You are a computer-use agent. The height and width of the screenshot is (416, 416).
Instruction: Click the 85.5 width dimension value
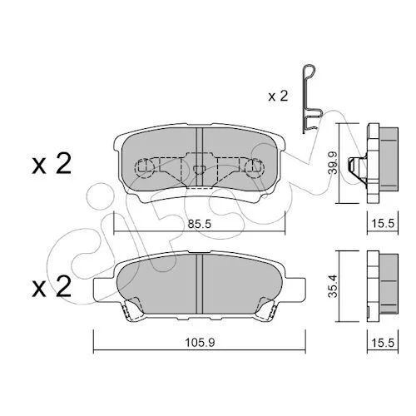[199, 224]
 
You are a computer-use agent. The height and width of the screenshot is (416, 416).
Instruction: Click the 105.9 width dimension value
[200, 343]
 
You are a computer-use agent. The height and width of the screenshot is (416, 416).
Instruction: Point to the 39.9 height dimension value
[332, 163]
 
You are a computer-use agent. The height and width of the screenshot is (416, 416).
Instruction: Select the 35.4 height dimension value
[332, 286]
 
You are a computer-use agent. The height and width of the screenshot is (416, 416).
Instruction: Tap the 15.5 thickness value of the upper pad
[383, 223]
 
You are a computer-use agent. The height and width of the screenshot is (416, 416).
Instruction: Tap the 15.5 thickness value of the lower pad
[383, 343]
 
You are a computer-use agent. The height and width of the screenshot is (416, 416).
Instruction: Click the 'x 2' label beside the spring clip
[278, 96]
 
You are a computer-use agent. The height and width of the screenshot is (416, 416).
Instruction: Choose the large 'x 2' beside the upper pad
[52, 164]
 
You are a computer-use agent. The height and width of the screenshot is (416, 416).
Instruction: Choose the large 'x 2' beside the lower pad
[52, 287]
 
